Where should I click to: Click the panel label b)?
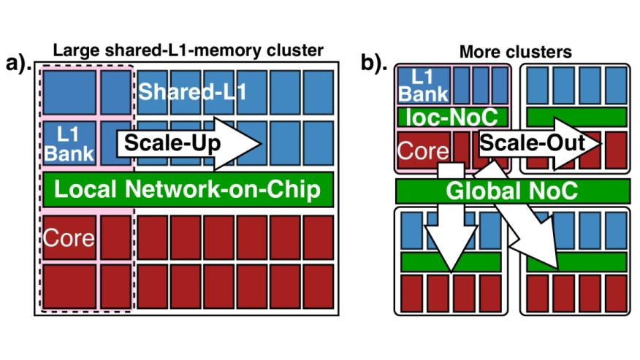click(376, 64)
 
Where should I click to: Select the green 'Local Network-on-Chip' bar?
click(188, 190)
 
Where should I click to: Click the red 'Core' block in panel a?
click(69, 237)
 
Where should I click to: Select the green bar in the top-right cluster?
click(576, 116)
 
